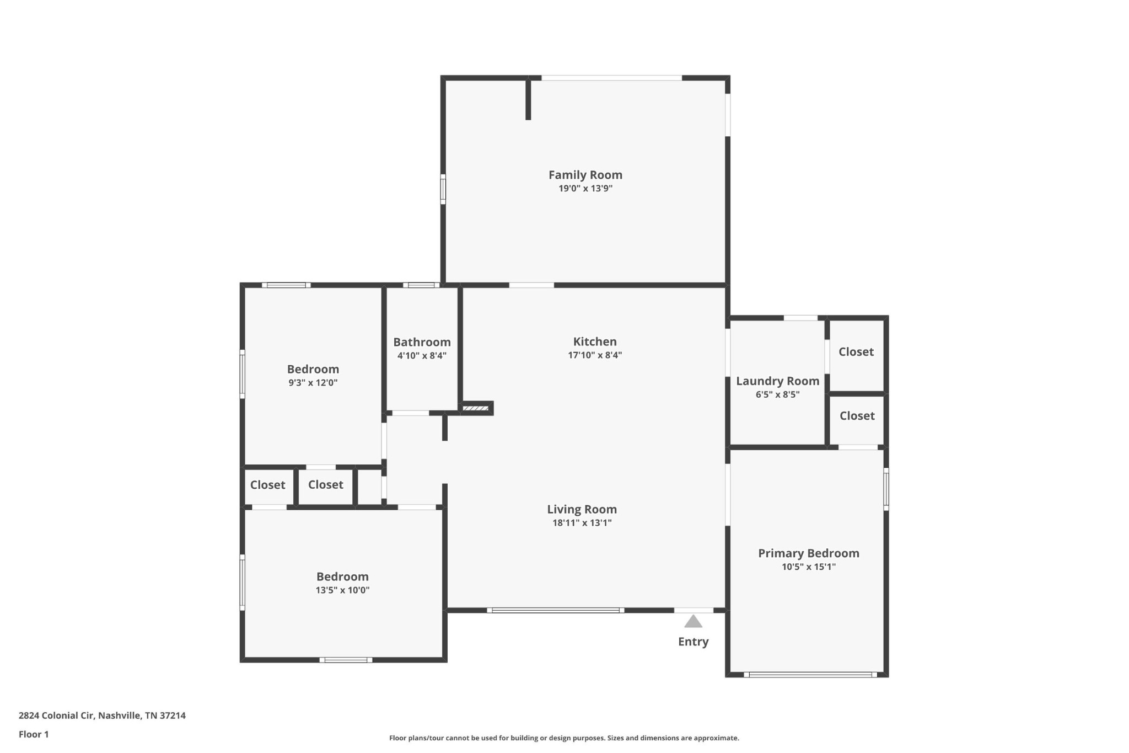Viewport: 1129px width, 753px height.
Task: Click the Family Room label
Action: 585,175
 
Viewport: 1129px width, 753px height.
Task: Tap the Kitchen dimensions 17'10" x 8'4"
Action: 595,355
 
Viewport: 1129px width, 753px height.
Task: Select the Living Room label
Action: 582,509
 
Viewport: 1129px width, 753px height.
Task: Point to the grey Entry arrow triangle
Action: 693,621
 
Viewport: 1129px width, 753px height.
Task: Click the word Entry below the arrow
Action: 693,642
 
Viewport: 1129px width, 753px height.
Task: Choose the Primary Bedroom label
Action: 808,553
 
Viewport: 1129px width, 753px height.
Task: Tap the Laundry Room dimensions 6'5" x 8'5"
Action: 777,394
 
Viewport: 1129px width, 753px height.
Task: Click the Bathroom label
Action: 422,342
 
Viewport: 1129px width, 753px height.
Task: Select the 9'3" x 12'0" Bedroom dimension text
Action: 313,383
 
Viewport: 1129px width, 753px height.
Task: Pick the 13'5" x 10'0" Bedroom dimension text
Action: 342,590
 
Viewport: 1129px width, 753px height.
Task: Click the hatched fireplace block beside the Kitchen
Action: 475,408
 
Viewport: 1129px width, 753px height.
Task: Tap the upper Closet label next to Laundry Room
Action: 856,352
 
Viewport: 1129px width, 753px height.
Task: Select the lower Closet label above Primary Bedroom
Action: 857,416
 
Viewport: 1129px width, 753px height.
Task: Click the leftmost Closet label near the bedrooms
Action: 267,485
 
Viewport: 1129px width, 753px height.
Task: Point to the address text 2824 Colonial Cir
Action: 57,715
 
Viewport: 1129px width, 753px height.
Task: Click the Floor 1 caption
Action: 34,734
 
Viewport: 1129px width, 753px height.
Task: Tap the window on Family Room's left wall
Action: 443,189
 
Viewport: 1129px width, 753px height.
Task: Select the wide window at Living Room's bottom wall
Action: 556,610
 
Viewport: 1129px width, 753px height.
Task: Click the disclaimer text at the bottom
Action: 564,738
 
